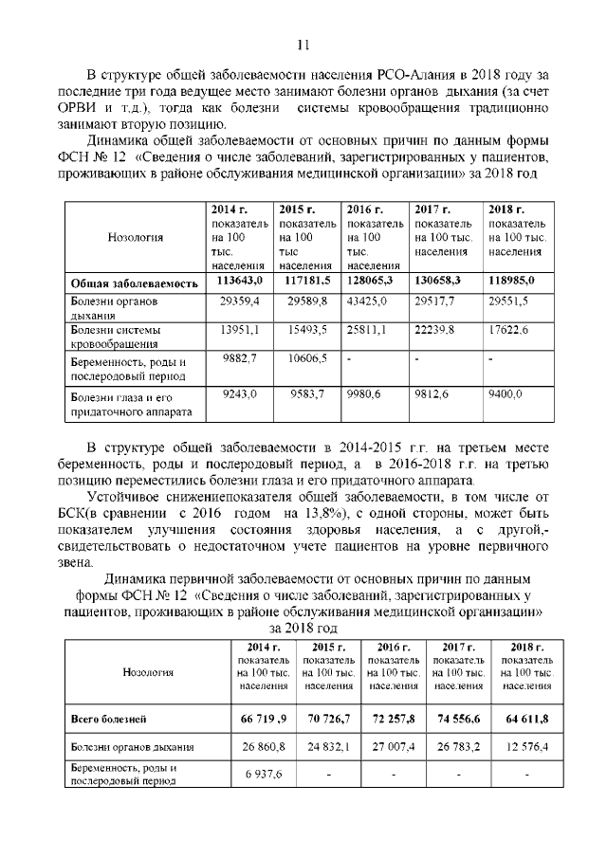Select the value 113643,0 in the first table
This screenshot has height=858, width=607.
pos(239,282)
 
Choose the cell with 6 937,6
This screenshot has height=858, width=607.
pos(262,775)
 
